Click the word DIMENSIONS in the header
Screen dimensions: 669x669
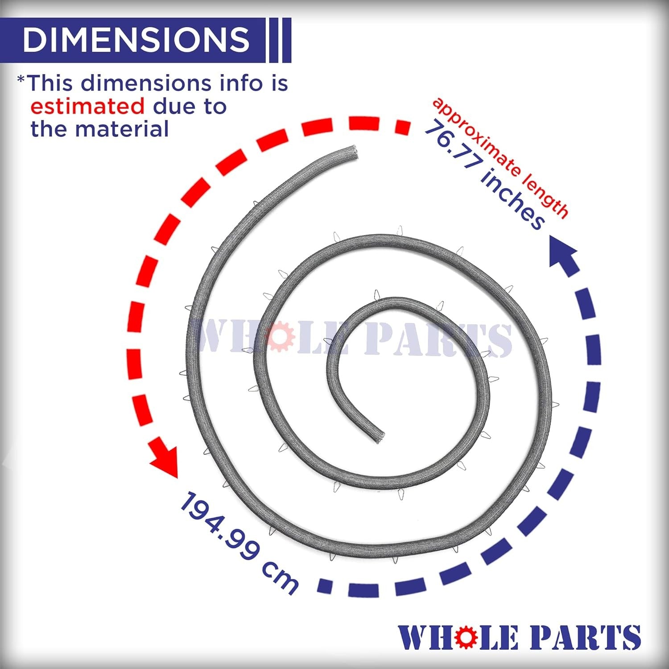[136, 39]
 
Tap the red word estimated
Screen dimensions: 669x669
[87, 107]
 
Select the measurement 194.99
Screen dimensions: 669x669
[218, 526]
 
